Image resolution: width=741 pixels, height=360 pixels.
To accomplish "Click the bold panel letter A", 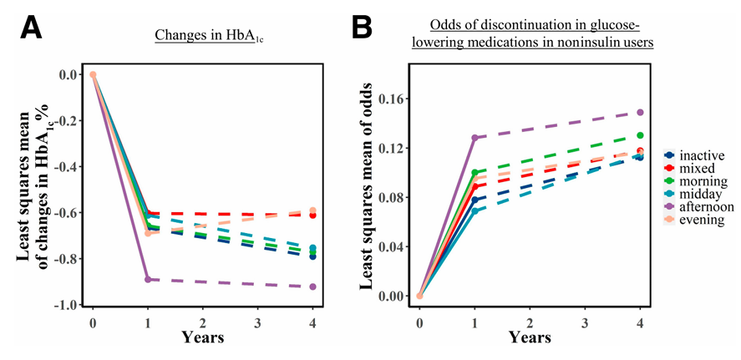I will [31, 30].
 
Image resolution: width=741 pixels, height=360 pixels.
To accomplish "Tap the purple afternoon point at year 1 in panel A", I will [148, 279].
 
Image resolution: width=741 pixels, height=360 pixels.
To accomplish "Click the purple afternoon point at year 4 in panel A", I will [313, 286].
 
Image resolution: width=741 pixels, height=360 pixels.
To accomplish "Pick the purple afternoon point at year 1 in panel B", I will [475, 138].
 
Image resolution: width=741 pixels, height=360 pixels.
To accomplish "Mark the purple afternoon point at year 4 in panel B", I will [640, 112].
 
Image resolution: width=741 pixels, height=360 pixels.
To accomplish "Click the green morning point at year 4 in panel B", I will [640, 135].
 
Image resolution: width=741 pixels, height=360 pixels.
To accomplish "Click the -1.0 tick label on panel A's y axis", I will [69, 305].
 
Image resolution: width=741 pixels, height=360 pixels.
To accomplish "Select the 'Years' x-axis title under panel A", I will [202, 337].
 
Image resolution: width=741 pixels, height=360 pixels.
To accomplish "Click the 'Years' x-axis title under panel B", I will [529, 337].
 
